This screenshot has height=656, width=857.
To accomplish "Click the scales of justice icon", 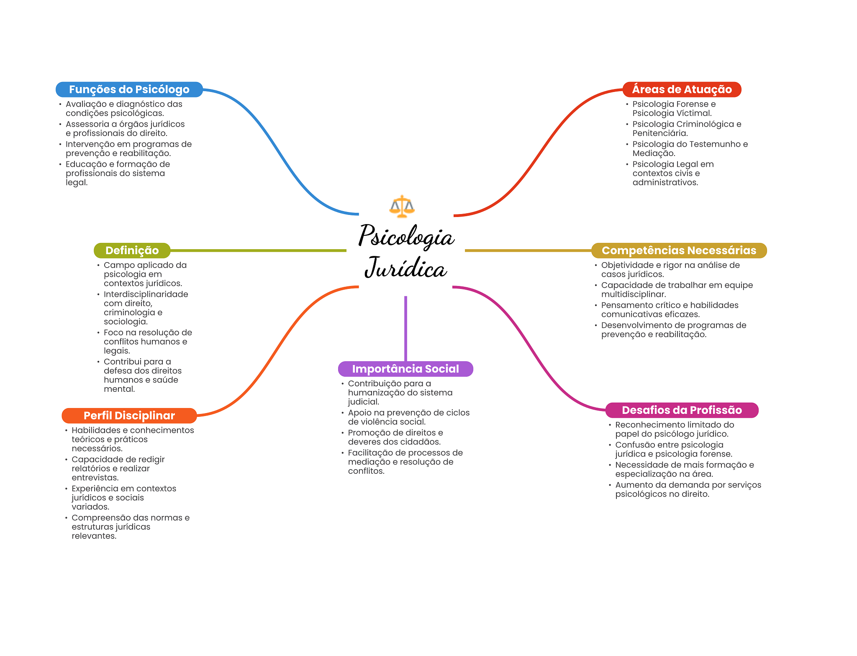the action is [x=402, y=207].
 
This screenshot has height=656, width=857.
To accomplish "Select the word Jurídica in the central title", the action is [x=405, y=268].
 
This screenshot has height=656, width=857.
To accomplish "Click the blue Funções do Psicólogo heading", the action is [x=129, y=89].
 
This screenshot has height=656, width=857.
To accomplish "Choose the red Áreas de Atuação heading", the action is [x=682, y=89].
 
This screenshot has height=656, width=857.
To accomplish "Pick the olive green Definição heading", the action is [x=132, y=250].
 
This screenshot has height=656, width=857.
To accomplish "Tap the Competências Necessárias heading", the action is [x=679, y=250].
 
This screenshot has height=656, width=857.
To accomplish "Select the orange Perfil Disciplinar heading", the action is [x=129, y=416].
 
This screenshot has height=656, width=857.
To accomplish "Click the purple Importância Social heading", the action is [x=405, y=369].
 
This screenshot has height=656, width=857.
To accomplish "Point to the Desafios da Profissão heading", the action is [x=682, y=410].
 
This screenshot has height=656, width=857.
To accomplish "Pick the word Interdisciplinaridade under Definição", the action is [x=146, y=294].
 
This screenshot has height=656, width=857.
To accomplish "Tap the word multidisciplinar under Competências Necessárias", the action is [x=633, y=294].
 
